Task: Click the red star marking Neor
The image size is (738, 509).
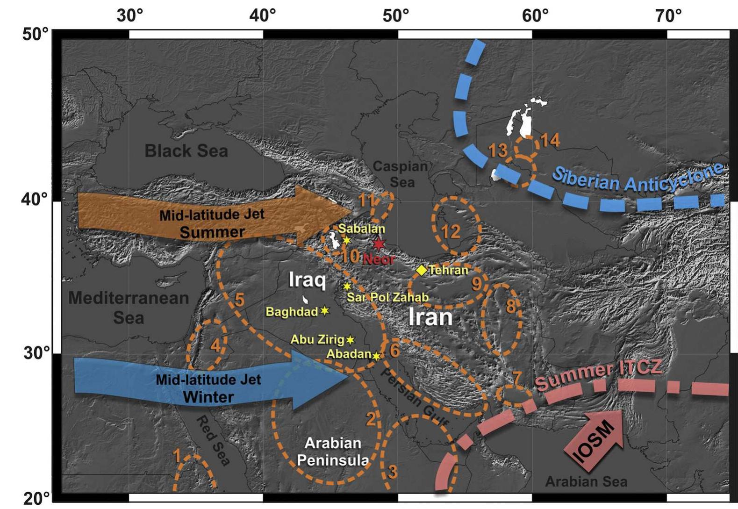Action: tap(379, 244)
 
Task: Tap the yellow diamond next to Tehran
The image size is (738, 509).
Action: tap(422, 270)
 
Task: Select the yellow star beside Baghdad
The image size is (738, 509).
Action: tap(325, 311)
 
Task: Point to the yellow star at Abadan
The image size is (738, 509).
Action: tap(376, 356)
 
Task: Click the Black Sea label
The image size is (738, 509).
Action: tap(186, 151)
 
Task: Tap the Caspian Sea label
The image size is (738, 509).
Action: tap(401, 173)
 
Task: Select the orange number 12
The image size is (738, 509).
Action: tap(451, 231)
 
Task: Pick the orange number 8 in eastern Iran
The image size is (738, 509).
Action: tap(510, 306)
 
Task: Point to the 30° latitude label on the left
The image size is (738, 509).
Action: tap(36, 353)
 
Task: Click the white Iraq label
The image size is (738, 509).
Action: tap(307, 280)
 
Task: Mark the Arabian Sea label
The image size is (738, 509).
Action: tap(586, 481)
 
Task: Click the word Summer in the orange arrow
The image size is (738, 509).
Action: tap(212, 232)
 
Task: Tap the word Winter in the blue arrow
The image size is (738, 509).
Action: tap(208, 397)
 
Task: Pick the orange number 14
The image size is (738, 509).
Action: tap(550, 140)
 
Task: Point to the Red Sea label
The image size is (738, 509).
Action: tap(213, 441)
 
